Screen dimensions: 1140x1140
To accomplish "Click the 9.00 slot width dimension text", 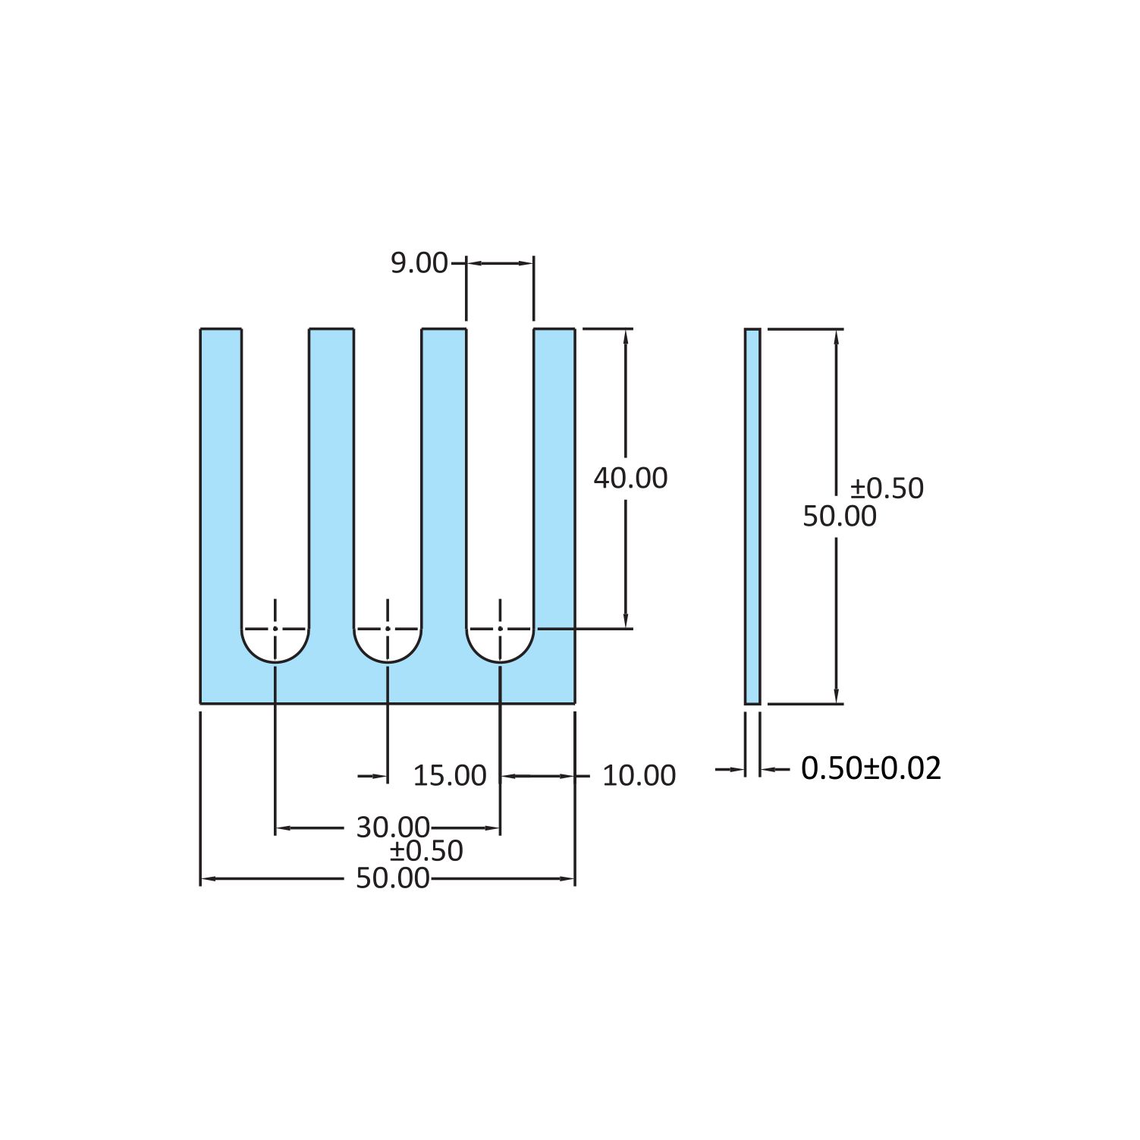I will tap(419, 263).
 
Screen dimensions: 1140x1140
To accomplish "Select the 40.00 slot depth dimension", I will tap(630, 478).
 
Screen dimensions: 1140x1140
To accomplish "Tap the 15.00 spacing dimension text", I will tap(449, 775).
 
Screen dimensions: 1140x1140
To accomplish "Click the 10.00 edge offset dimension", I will tap(639, 775).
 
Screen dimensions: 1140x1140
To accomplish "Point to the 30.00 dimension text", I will tap(393, 827).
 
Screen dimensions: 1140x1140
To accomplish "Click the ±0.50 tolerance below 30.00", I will tap(426, 851).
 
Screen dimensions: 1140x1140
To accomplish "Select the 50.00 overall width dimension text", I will tap(393, 878).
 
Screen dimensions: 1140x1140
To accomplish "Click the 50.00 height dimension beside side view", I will tap(839, 517).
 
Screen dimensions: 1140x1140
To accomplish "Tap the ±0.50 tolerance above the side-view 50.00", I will tap(886, 488).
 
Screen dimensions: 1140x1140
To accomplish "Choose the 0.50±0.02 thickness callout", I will tap(871, 768).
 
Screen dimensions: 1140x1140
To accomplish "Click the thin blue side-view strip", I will tap(752, 516).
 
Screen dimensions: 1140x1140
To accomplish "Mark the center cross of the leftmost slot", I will tap(275, 629).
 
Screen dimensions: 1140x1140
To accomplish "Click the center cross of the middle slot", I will tap(388, 629).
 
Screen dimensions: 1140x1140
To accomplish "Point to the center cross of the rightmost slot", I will tap(500, 629).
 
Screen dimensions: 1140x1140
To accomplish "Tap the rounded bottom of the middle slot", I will tap(388, 658).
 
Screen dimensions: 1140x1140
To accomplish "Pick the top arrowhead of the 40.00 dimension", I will tap(626, 337).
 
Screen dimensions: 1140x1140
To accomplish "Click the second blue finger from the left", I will tap(331, 470).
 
